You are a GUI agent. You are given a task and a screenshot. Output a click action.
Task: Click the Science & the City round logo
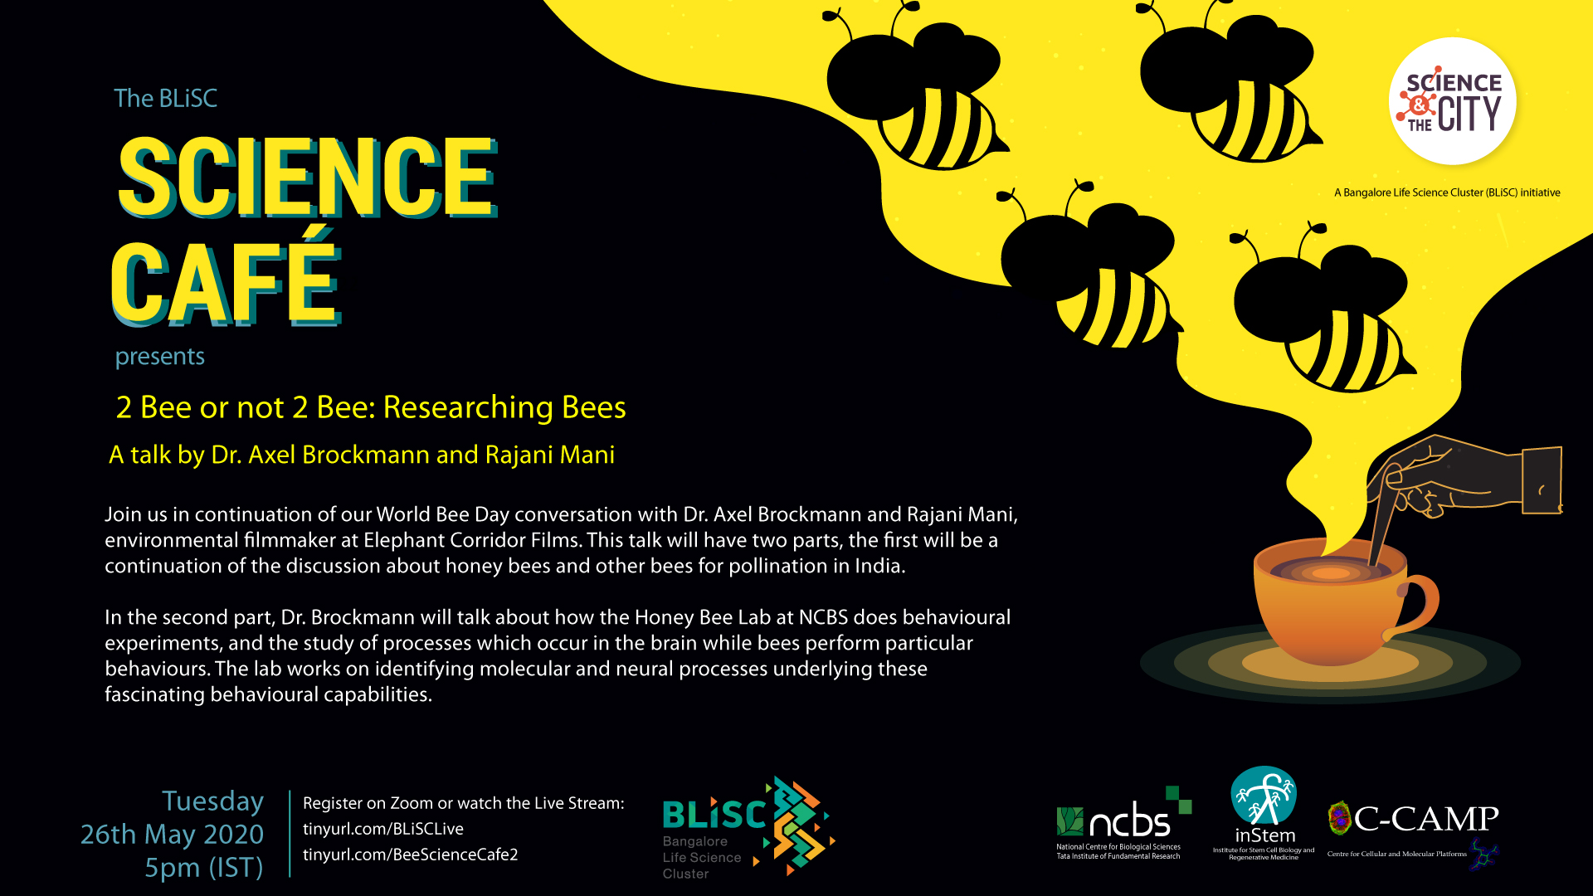(1453, 101)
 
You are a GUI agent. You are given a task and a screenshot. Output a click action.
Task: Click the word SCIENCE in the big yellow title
(307, 177)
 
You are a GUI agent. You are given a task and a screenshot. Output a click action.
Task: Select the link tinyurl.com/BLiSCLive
(383, 829)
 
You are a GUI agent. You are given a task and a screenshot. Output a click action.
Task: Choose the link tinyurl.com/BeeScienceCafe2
(411, 855)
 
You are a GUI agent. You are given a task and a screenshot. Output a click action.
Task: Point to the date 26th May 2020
(172, 834)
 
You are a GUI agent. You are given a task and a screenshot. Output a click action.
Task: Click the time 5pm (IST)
(204, 868)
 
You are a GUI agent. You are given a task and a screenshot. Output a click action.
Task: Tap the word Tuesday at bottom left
(212, 801)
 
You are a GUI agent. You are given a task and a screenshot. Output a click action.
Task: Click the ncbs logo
(1123, 822)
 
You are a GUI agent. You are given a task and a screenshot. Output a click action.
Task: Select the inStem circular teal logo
(1264, 797)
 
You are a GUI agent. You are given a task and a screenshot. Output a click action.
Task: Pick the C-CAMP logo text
(1426, 819)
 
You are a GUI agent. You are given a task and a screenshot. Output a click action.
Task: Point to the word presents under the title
(160, 357)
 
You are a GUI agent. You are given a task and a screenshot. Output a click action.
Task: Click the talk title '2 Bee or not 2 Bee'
(371, 407)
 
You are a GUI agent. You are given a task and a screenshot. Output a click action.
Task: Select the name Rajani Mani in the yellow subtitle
(550, 455)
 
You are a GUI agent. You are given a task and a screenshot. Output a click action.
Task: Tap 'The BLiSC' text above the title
(165, 98)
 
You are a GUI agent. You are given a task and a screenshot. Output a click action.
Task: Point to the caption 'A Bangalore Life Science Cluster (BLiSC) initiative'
(1447, 192)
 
